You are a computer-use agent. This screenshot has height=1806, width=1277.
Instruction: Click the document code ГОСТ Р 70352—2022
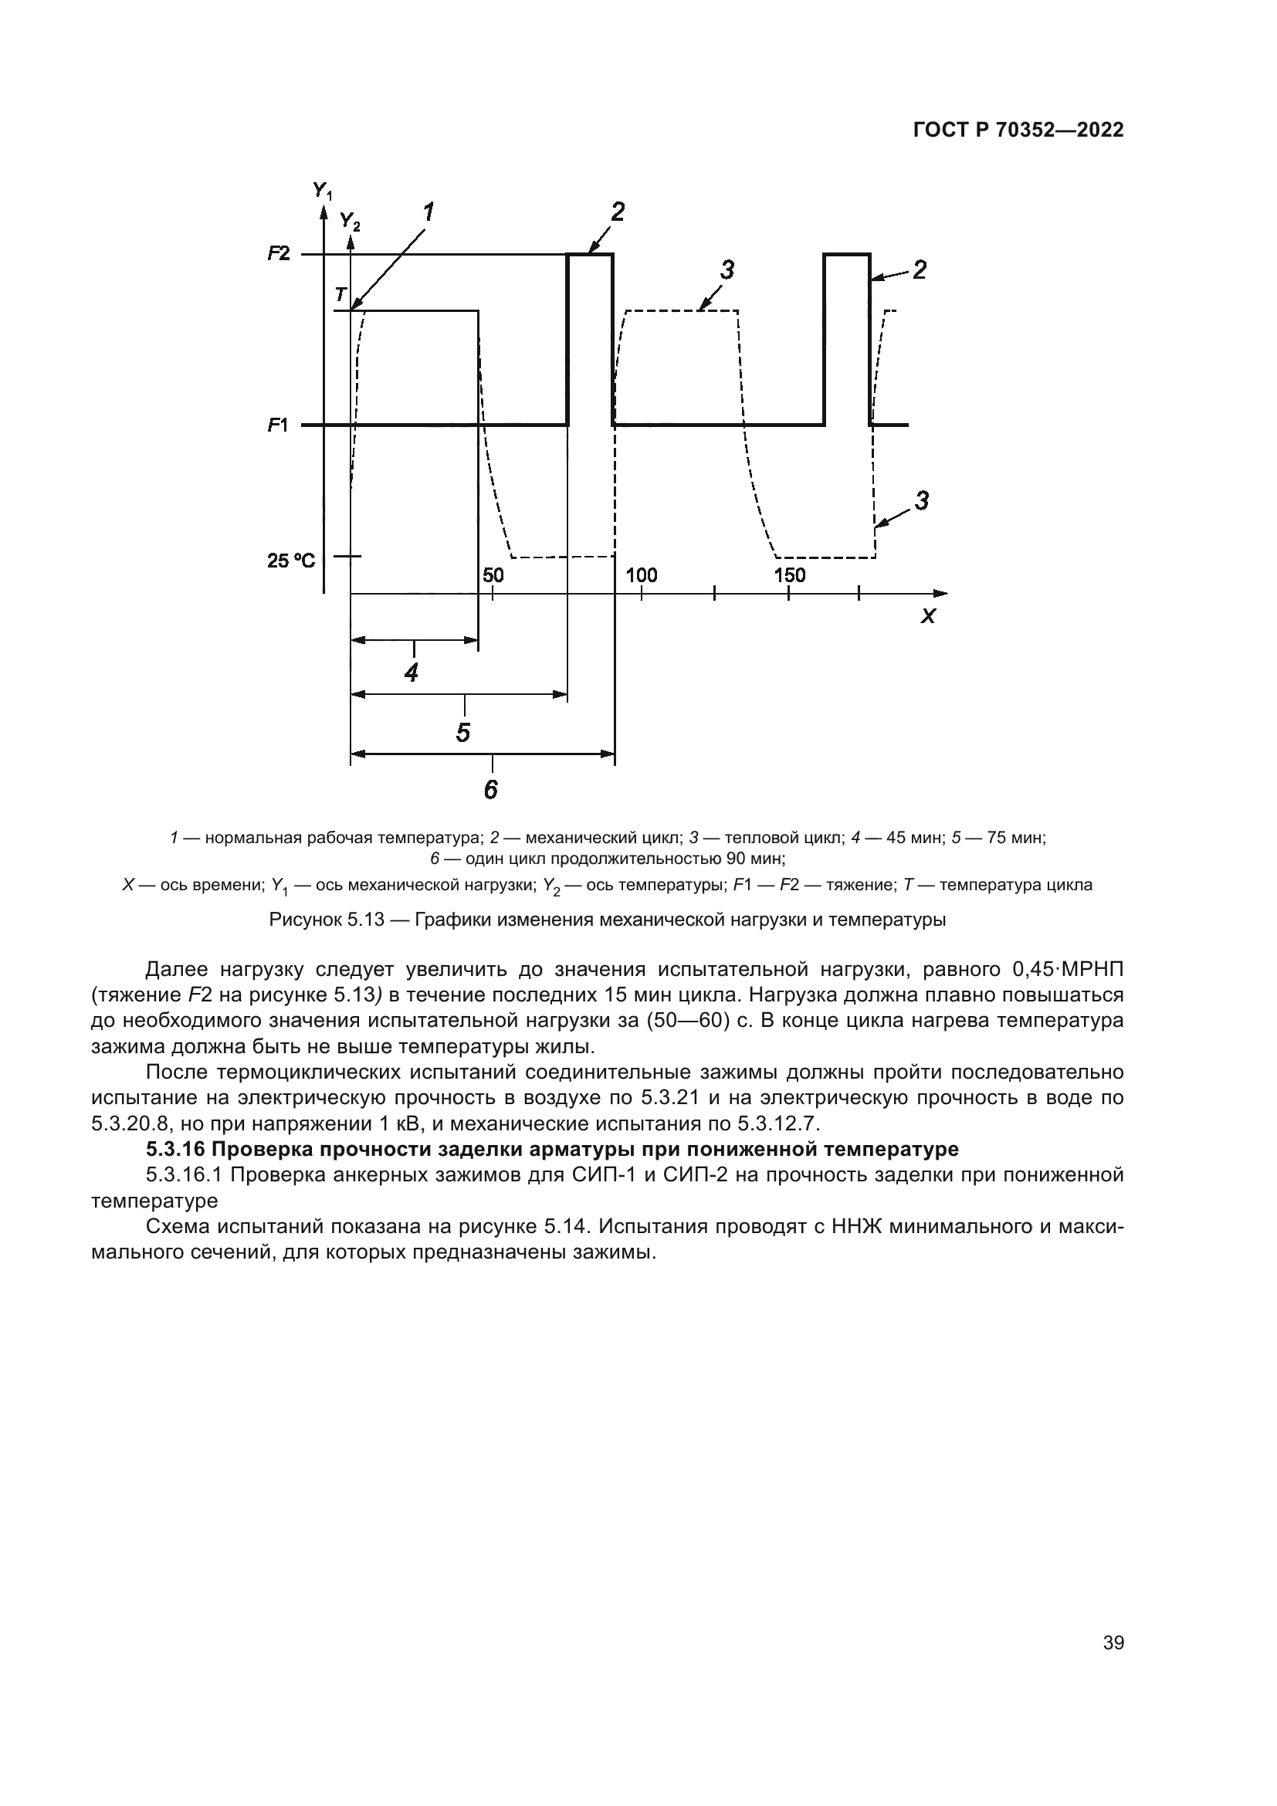coord(1018,130)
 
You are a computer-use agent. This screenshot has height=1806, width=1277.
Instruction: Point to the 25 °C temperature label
coord(291,561)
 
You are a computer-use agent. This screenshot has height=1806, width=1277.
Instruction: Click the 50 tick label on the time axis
coord(493,575)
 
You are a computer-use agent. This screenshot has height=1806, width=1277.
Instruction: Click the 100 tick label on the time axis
coord(641,575)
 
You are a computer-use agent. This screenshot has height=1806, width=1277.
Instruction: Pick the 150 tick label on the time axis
coord(790,575)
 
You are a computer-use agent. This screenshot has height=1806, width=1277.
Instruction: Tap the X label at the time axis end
coord(929,616)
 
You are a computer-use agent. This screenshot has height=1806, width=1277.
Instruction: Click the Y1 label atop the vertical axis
coord(323,191)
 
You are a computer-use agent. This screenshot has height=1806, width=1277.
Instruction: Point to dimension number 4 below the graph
coord(411,673)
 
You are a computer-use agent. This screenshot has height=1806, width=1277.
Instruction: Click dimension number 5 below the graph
coord(463,733)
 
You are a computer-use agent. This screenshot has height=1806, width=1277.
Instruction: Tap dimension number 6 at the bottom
coord(491,790)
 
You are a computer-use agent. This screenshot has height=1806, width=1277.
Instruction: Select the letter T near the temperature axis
coord(340,295)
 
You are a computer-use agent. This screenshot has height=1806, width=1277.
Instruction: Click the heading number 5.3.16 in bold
coord(175,1149)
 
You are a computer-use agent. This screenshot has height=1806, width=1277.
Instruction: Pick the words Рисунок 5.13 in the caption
coord(327,920)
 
